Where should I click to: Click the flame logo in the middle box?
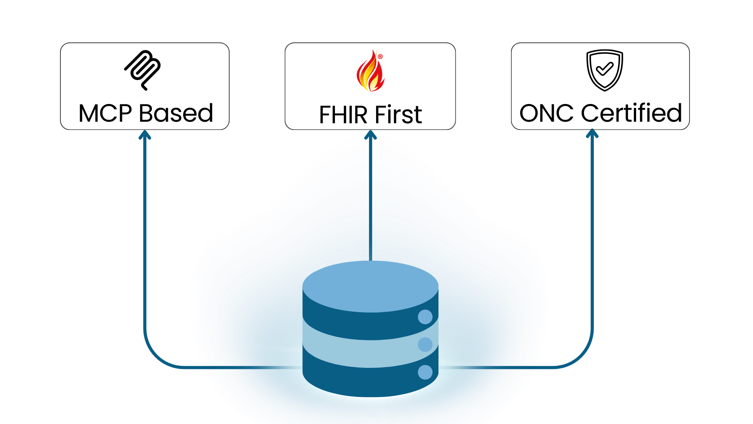tap(370, 72)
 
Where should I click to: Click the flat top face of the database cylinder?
tap(370, 286)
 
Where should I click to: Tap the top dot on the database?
tap(425, 317)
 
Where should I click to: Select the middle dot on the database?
tap(425, 344)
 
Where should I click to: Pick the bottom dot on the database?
tap(425, 372)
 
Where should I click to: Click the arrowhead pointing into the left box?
tap(144, 134)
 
